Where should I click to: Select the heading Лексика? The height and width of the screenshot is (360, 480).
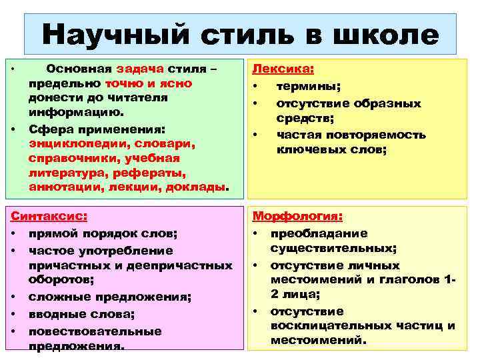(283, 70)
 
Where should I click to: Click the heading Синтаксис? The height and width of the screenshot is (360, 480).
(47, 216)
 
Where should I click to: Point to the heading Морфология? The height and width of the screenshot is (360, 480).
(297, 217)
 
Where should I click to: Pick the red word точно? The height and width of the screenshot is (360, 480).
(122, 83)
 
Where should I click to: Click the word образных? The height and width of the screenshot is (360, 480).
(387, 103)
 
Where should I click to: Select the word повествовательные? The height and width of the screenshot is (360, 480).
(96, 331)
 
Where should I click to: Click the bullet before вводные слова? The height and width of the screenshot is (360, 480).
(13, 313)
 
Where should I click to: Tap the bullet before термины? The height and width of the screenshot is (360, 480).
(255, 86)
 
